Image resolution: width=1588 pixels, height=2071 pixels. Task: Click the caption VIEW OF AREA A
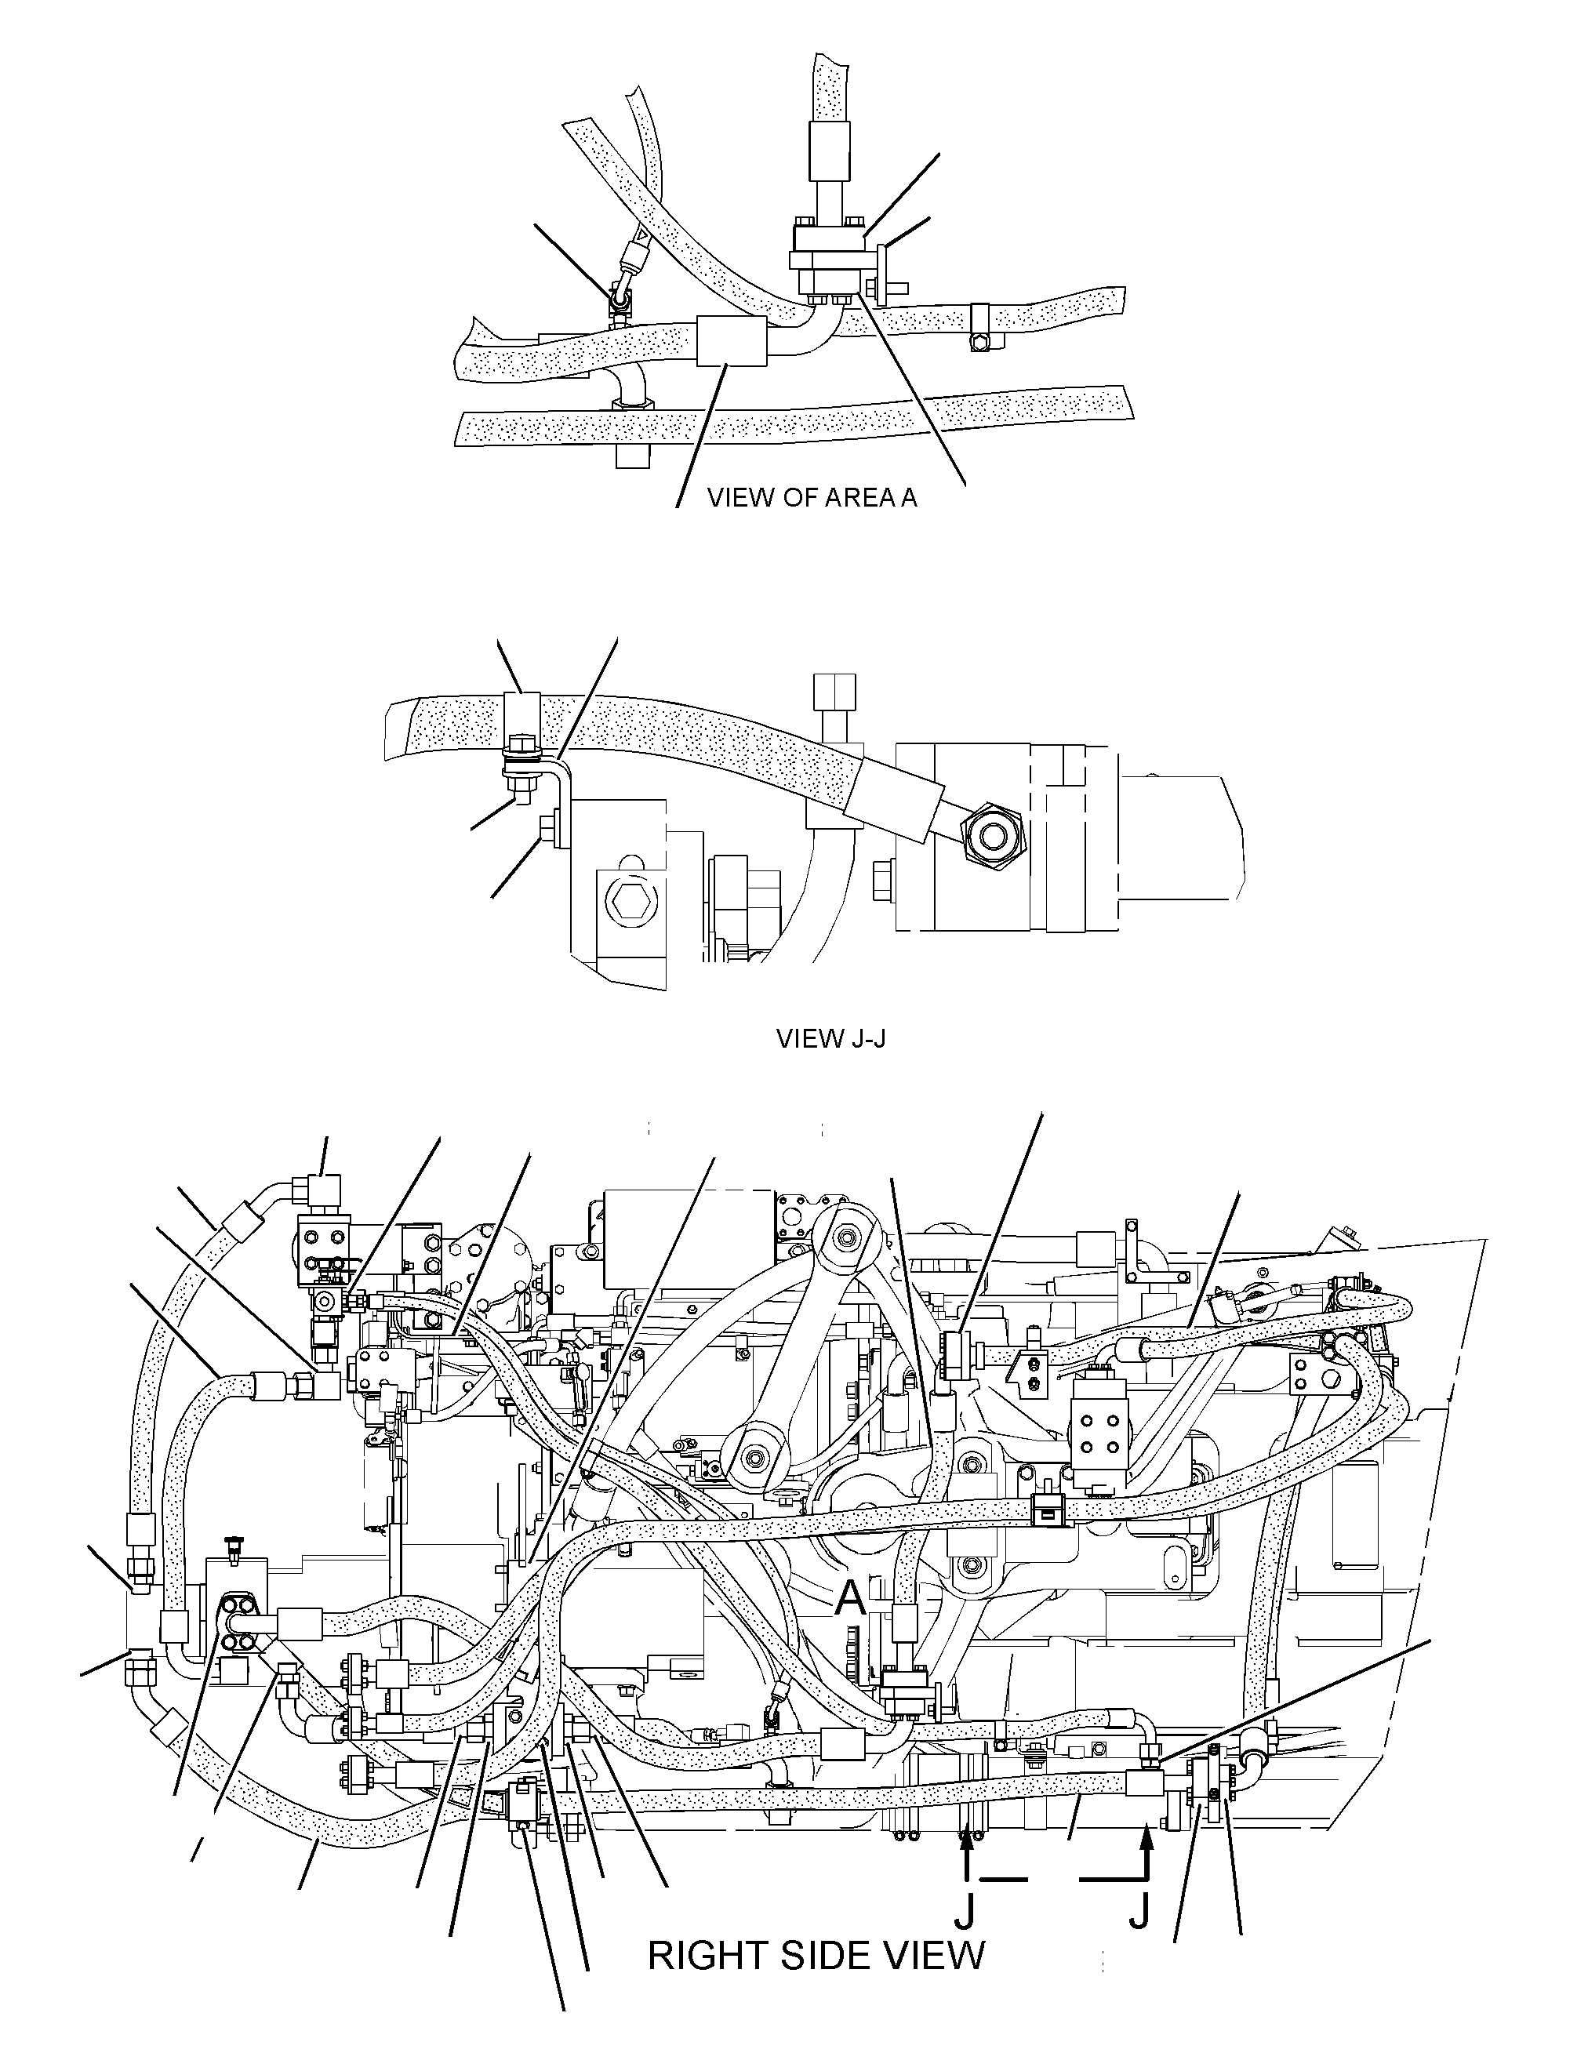point(812,497)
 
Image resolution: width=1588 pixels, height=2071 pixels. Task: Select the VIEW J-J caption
point(831,1040)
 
